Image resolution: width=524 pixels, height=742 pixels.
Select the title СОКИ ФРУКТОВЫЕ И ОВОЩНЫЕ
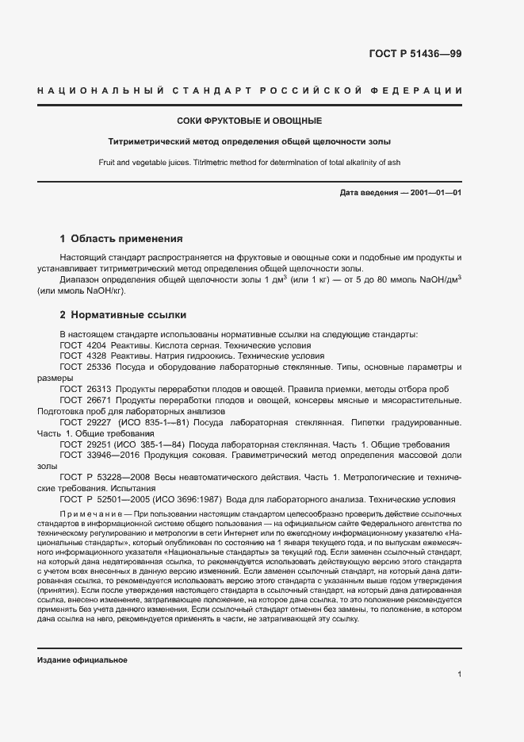coord(249,121)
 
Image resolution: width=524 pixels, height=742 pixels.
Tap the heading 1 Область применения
coord(122,238)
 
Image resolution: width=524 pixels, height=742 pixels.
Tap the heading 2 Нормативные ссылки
coord(123,314)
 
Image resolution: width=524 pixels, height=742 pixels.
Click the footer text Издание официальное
coord(82,660)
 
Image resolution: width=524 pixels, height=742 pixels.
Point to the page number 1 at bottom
coord(459,675)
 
